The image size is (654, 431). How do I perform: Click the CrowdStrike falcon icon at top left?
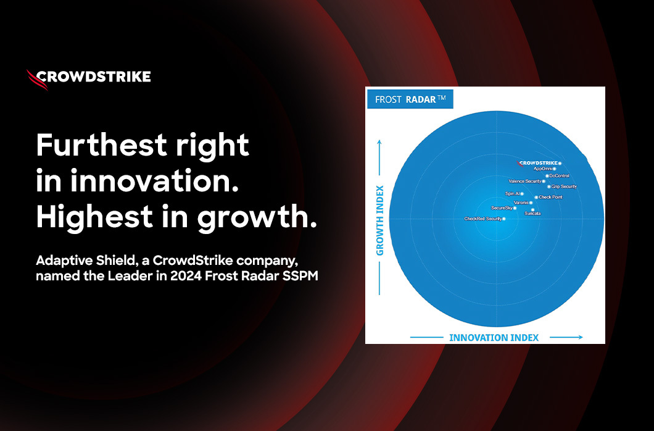36,80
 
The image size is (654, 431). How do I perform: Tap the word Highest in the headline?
94,216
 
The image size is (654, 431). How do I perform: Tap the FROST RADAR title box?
410,99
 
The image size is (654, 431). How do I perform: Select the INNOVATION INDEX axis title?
494,338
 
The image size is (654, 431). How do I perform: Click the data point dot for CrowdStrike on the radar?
560,164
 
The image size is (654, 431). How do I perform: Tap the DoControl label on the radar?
559,175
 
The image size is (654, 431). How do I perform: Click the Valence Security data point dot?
544,182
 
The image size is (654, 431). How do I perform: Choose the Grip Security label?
564,186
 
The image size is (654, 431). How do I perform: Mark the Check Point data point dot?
536,198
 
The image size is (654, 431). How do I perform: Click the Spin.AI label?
512,193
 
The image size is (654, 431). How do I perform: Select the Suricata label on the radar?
532,214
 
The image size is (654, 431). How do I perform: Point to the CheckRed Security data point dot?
504,219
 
